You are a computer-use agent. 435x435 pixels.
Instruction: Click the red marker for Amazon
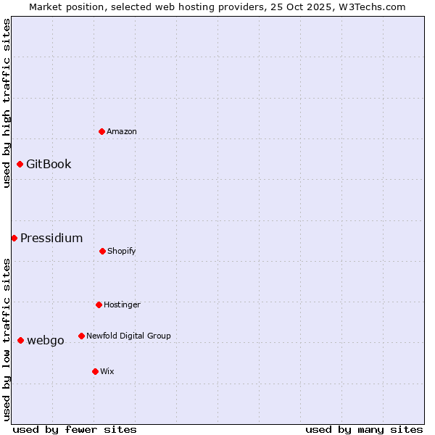(x=101, y=131)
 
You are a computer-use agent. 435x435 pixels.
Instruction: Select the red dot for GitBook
(x=20, y=164)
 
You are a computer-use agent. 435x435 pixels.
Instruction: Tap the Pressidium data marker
(x=14, y=238)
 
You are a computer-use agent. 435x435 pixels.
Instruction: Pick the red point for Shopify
(x=102, y=251)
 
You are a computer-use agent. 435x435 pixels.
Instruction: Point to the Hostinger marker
(x=99, y=304)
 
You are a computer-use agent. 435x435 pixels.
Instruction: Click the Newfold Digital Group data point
(x=81, y=336)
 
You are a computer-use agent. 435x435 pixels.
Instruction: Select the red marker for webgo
(x=20, y=340)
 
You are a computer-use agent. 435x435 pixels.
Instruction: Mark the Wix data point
(x=95, y=371)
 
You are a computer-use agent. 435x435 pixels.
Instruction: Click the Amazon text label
(x=122, y=131)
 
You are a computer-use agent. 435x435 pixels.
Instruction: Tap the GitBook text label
(x=49, y=164)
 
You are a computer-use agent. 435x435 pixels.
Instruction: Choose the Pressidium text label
(x=51, y=238)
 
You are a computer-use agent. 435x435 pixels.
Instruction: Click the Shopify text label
(x=122, y=251)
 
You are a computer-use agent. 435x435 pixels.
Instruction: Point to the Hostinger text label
(x=122, y=304)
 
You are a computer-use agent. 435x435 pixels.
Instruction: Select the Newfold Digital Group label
(x=128, y=336)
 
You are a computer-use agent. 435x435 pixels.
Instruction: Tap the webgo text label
(x=46, y=340)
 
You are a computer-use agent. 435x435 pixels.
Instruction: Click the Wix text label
(x=107, y=371)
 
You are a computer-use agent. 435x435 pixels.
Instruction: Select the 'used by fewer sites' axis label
(x=75, y=429)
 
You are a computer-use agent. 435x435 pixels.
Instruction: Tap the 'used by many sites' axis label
(x=364, y=429)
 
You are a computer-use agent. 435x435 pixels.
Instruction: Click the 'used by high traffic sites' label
(x=7, y=103)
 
